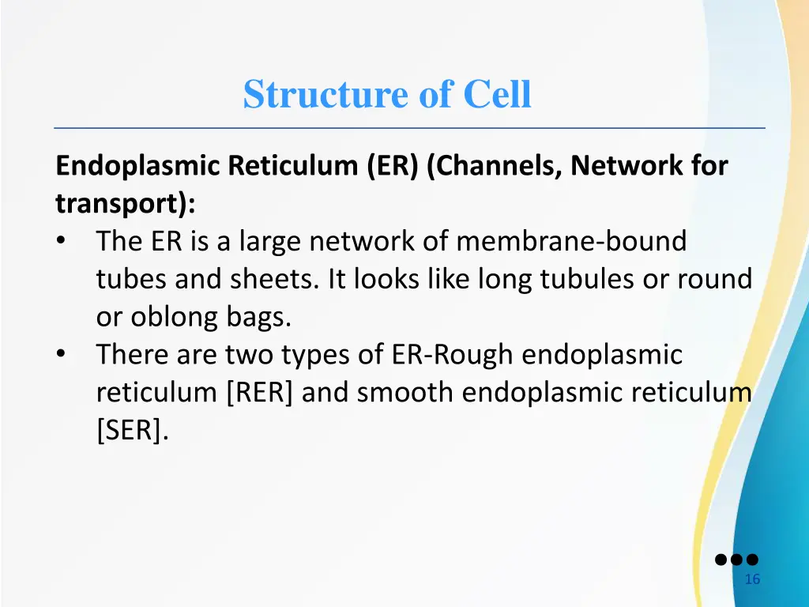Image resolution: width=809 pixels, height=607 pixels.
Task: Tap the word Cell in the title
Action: click(x=497, y=95)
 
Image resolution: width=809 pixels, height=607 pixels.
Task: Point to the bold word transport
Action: click(x=122, y=203)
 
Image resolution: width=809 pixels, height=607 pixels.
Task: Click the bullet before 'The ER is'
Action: click(x=62, y=241)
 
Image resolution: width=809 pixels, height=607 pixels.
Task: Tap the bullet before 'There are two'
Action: click(x=62, y=355)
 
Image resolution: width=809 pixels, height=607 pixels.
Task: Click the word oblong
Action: click(x=164, y=317)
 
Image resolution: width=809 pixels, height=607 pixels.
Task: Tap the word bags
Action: click(x=258, y=317)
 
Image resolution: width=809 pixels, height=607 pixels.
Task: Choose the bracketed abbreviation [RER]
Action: click(x=259, y=393)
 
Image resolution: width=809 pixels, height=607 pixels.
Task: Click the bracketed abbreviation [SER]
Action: click(x=132, y=431)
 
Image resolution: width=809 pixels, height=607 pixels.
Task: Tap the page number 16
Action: click(x=752, y=579)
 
